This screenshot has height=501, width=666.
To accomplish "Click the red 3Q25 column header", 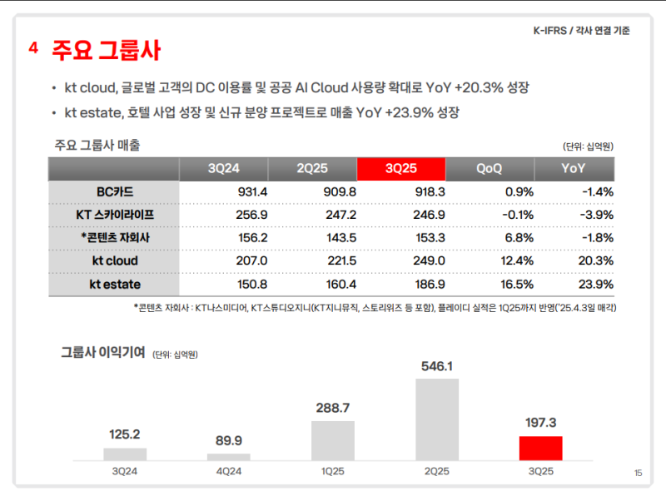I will (400, 168).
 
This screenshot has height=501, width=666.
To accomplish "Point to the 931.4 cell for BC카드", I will (224, 191).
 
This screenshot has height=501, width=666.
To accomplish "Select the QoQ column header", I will (489, 168).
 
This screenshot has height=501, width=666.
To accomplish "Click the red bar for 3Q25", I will (540, 448).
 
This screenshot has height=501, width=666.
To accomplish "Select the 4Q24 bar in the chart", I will (229, 456).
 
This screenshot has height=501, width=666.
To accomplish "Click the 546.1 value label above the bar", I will (437, 366).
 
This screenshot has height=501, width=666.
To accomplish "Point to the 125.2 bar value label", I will (125, 434).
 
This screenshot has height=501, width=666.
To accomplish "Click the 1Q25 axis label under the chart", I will (333, 471).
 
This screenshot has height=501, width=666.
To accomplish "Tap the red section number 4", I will (33, 48).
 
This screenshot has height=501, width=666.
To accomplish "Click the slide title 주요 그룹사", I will (106, 50).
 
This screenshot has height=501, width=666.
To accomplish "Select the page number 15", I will (638, 474).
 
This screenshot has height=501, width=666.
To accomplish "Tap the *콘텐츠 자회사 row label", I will (115, 237).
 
